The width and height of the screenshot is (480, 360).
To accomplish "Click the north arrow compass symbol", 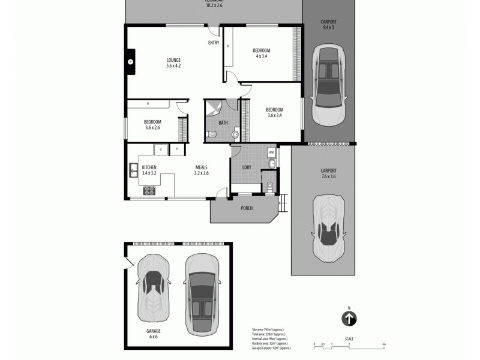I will (349, 319).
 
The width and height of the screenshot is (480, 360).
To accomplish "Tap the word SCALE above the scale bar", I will (349, 339).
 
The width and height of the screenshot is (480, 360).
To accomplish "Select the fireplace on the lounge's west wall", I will (130, 61).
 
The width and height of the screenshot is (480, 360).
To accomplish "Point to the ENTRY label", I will (213, 43).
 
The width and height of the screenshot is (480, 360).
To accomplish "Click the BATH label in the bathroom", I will (223, 122).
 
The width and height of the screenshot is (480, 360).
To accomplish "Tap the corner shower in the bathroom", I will (213, 109).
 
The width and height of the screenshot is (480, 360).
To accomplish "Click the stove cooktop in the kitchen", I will (149, 191).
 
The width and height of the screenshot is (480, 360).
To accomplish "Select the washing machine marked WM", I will (271, 151).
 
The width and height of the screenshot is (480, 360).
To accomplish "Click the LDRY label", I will (246, 167).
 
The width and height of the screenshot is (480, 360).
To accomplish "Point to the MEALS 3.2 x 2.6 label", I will (201, 170).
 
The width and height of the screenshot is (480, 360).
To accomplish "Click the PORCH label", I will (246, 208).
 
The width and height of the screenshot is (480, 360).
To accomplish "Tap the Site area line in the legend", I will (271, 330).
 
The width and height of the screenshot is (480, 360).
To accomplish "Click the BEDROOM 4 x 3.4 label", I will (261, 53).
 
